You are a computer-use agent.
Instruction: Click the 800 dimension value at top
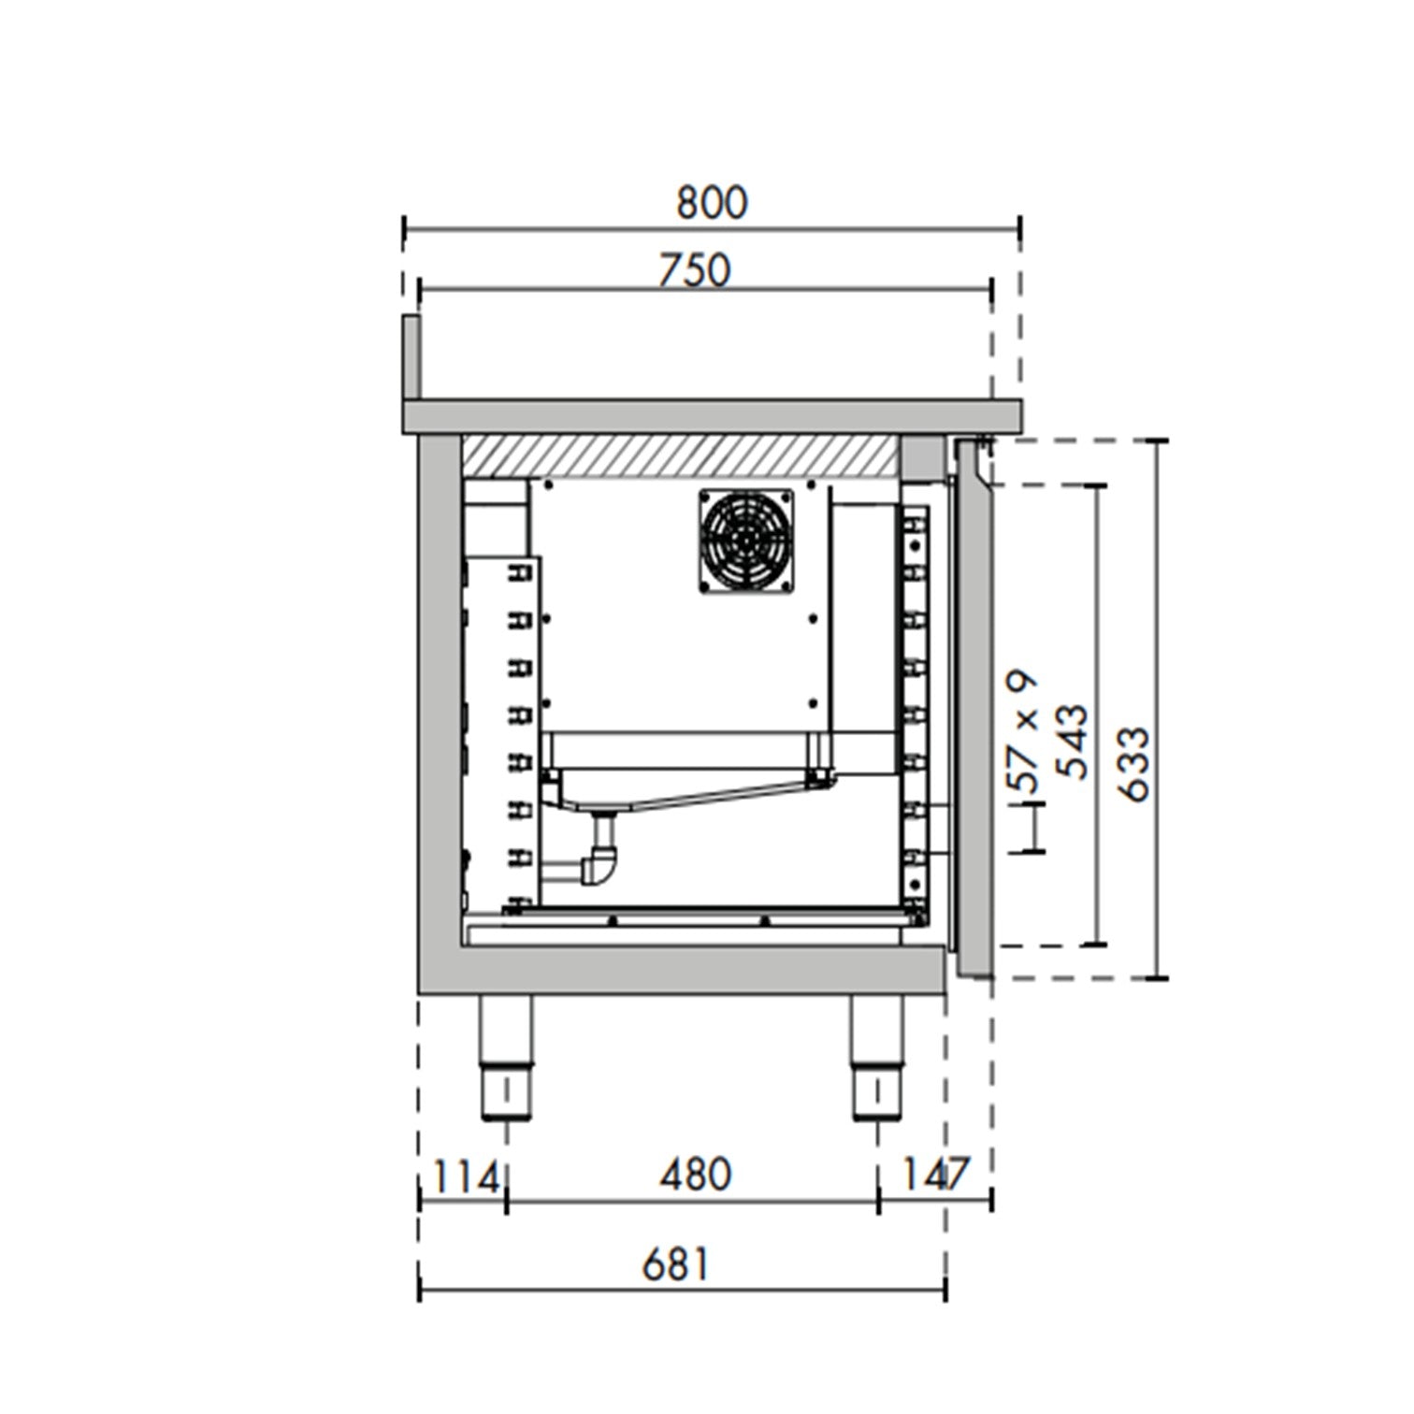pyautogui.click(x=712, y=203)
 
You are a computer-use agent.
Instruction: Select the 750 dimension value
pyautogui.click(x=694, y=270)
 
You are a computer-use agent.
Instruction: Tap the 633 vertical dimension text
pyautogui.click(x=1133, y=763)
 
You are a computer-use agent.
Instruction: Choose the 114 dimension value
pyautogui.click(x=465, y=1177)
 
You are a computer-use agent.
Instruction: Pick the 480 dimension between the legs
pyautogui.click(x=695, y=1175)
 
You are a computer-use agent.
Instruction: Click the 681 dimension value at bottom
pyautogui.click(x=676, y=1265)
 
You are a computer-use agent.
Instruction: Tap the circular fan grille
pyautogui.click(x=745, y=540)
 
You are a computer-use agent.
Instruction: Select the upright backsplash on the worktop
pyautogui.click(x=411, y=355)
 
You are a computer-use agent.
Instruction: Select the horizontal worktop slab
pyautogui.click(x=711, y=416)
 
